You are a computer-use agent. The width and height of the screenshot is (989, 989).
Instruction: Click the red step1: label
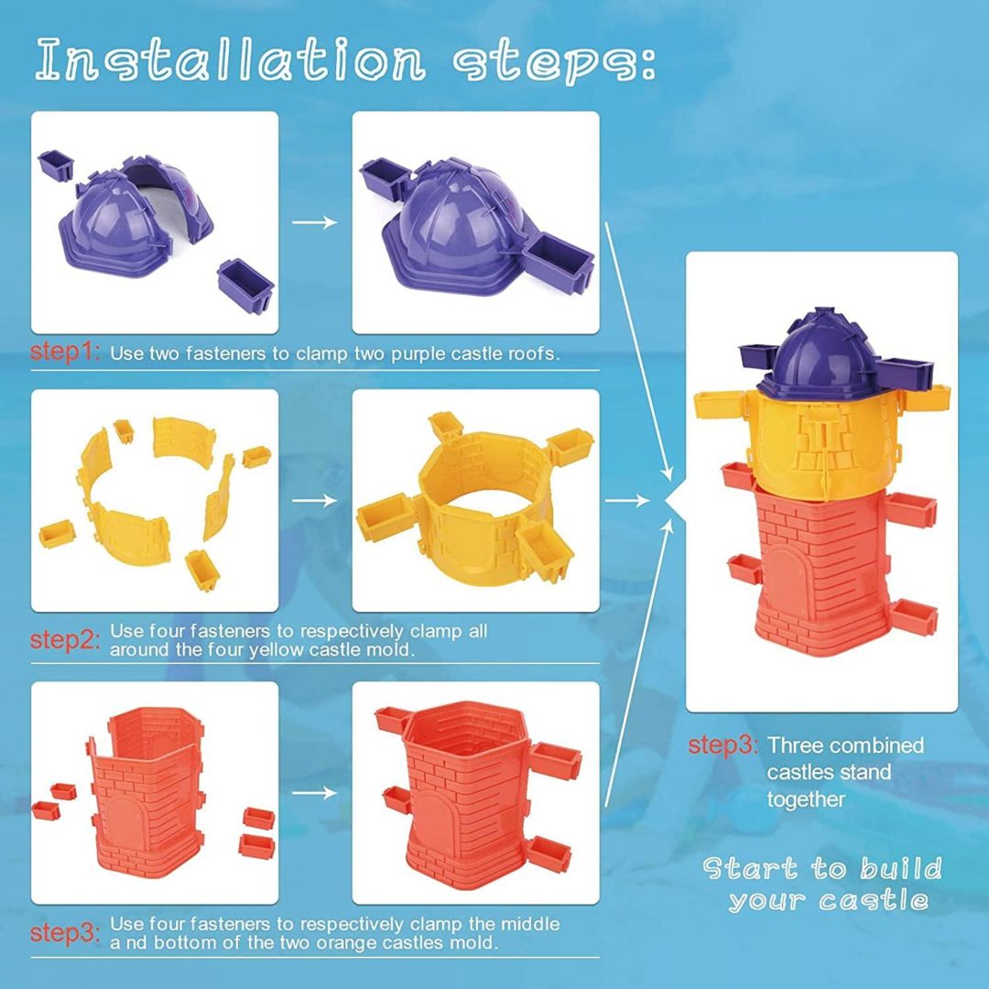tap(65, 352)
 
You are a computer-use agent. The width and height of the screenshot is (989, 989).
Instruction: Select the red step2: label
tap(65, 639)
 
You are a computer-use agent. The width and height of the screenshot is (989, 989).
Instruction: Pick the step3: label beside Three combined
tap(723, 744)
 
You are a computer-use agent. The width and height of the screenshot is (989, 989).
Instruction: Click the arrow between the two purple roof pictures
tap(315, 222)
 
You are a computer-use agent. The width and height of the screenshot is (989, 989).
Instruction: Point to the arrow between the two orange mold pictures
tap(315, 792)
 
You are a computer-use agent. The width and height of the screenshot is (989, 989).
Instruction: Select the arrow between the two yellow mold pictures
tap(315, 500)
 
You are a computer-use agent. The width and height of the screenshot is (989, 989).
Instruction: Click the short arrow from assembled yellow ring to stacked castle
tap(627, 501)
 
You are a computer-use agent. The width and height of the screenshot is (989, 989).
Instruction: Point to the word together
tap(806, 799)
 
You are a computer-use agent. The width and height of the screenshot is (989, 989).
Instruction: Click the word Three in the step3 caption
tap(796, 744)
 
